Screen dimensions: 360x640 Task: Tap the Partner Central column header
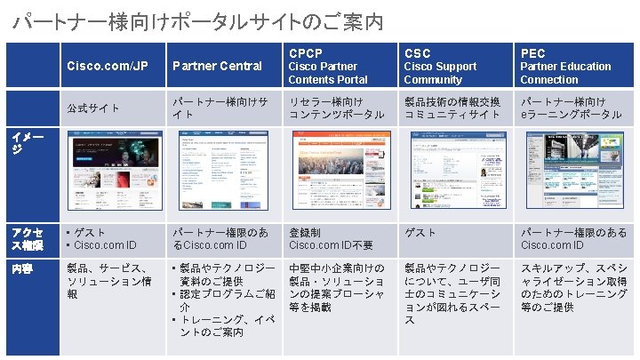pyautogui.click(x=217, y=66)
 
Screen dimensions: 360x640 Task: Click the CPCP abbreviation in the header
pyautogui.click(x=305, y=53)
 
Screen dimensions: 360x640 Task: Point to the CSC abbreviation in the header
pyautogui.click(x=418, y=53)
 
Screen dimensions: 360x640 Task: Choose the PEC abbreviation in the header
pyautogui.click(x=533, y=53)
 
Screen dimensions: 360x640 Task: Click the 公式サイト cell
pyautogui.click(x=94, y=108)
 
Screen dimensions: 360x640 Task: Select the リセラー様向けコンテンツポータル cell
pyautogui.click(x=336, y=108)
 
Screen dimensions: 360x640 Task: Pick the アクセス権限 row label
pyautogui.click(x=28, y=238)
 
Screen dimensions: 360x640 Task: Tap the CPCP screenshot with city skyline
pyautogui.click(x=337, y=173)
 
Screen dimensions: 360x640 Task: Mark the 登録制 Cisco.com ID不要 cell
pyautogui.click(x=331, y=238)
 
